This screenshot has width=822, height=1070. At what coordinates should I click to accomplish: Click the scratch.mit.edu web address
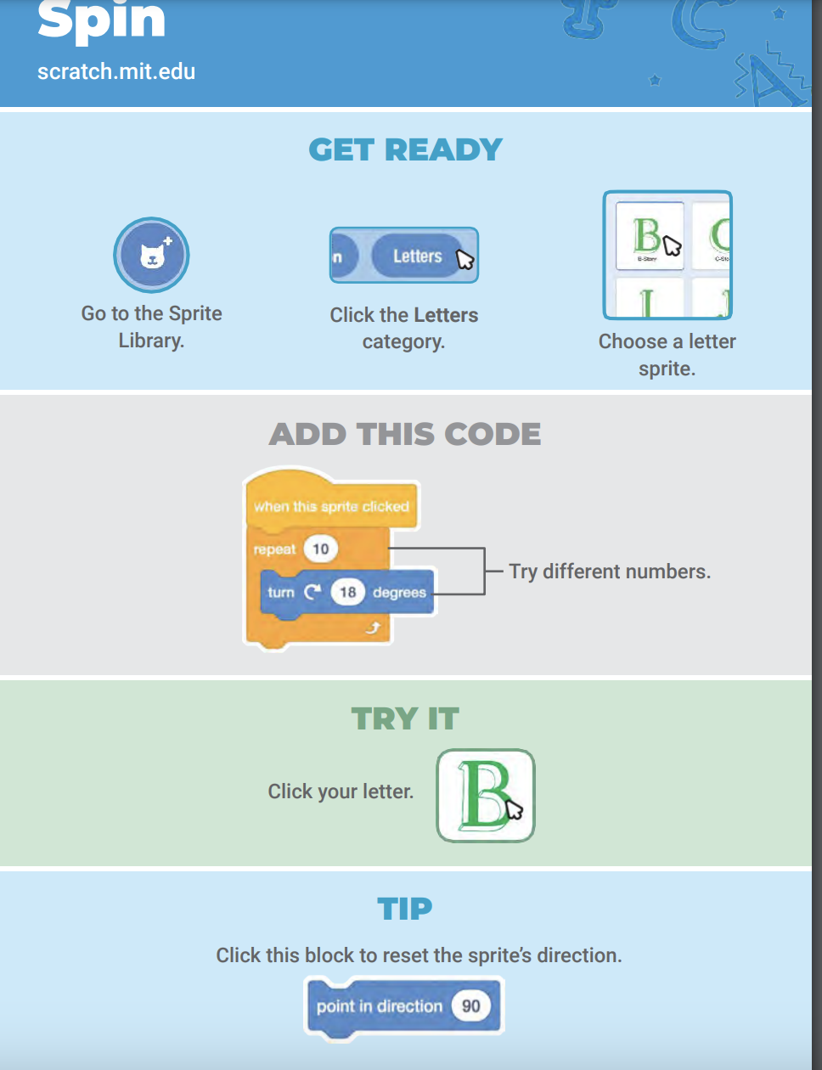116,71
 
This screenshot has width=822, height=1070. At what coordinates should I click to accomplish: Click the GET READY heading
405,150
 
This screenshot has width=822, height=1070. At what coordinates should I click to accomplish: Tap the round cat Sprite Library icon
151,255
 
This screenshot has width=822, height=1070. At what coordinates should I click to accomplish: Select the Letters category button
417,256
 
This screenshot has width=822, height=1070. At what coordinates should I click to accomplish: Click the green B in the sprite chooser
647,234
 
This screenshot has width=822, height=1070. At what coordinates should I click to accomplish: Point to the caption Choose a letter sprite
667,355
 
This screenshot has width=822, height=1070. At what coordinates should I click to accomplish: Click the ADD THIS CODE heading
405,435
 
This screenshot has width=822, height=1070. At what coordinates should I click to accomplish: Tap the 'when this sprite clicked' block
331,507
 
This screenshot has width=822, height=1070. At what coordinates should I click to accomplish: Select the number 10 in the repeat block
320,549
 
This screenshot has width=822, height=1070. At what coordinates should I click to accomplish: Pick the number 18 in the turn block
347,592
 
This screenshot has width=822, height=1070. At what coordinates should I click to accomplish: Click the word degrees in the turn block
399,593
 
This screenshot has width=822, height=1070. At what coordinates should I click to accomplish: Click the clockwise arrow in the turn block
312,592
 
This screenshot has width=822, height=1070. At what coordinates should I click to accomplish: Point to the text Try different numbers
610,572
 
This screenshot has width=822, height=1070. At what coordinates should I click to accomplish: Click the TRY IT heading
405,719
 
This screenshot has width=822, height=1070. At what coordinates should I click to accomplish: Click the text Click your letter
341,791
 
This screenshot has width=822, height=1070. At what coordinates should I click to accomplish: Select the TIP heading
405,909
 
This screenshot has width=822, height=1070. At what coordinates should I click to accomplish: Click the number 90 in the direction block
470,1006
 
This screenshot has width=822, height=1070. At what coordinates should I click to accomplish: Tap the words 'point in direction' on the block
380,1006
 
